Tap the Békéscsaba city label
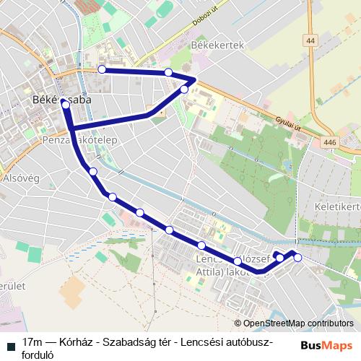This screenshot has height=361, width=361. [61, 101]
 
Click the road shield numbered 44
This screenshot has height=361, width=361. [310, 42]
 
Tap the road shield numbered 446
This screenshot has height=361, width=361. [330, 143]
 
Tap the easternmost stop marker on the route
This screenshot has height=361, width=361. [297, 258]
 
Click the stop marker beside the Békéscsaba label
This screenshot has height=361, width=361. [66, 105]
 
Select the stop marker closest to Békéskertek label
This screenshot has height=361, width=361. [168, 72]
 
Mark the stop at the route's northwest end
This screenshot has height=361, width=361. [102, 69]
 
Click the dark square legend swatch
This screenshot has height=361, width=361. [10, 342]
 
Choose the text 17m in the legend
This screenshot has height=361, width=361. [32, 341]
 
